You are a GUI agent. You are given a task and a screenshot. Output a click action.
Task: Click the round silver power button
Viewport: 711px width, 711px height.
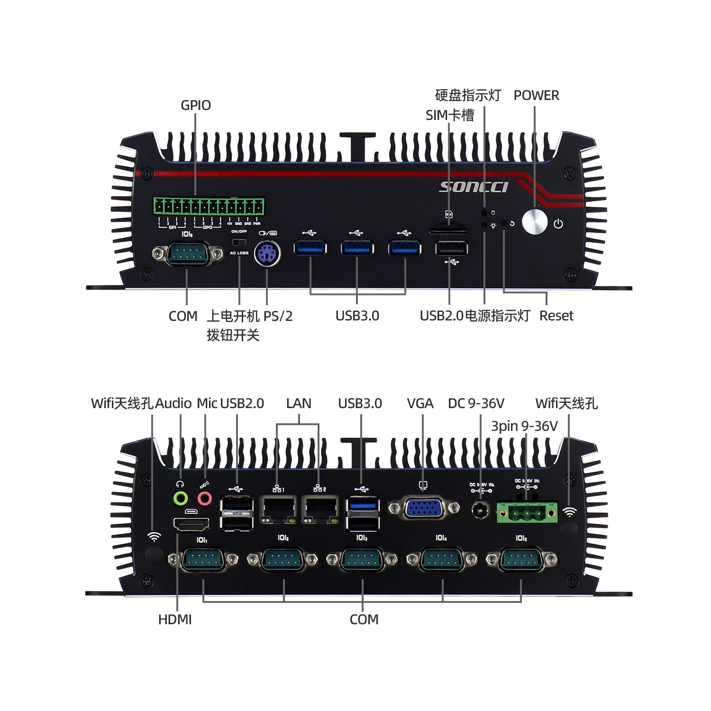pos(535,222)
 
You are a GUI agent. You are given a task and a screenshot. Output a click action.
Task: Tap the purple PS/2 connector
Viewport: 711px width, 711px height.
pos(267,254)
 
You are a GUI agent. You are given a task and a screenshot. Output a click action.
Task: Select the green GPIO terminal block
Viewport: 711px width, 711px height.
pos(209,207)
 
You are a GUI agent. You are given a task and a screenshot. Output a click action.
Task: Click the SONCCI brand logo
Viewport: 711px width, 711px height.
pos(474,187)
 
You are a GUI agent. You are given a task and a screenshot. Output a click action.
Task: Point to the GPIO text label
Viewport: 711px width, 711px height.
pos(196,105)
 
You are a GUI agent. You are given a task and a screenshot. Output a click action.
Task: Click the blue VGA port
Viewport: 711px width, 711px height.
pos(423,509)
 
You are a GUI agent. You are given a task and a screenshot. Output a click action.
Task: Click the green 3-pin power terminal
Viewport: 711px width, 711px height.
pos(527,512)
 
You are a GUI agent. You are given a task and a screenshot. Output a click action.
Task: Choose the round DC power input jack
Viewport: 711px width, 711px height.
pos(481,510)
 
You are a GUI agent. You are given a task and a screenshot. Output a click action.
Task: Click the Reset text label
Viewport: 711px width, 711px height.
pos(556,316)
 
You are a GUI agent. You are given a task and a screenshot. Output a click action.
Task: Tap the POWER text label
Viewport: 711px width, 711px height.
pos(536,96)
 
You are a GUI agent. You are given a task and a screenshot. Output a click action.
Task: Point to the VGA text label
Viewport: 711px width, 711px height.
pos(420,403)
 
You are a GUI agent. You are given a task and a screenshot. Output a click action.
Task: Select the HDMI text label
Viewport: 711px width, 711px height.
pos(175,620)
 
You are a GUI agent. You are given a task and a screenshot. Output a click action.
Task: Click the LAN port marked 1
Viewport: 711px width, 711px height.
pos(278,509)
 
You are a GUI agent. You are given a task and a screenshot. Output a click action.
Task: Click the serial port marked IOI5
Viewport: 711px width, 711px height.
pos(521,560)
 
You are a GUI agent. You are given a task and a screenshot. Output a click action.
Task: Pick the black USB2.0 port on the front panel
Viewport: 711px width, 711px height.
pos(451,248)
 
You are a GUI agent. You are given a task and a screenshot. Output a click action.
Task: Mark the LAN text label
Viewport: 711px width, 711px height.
pos(299,403)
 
